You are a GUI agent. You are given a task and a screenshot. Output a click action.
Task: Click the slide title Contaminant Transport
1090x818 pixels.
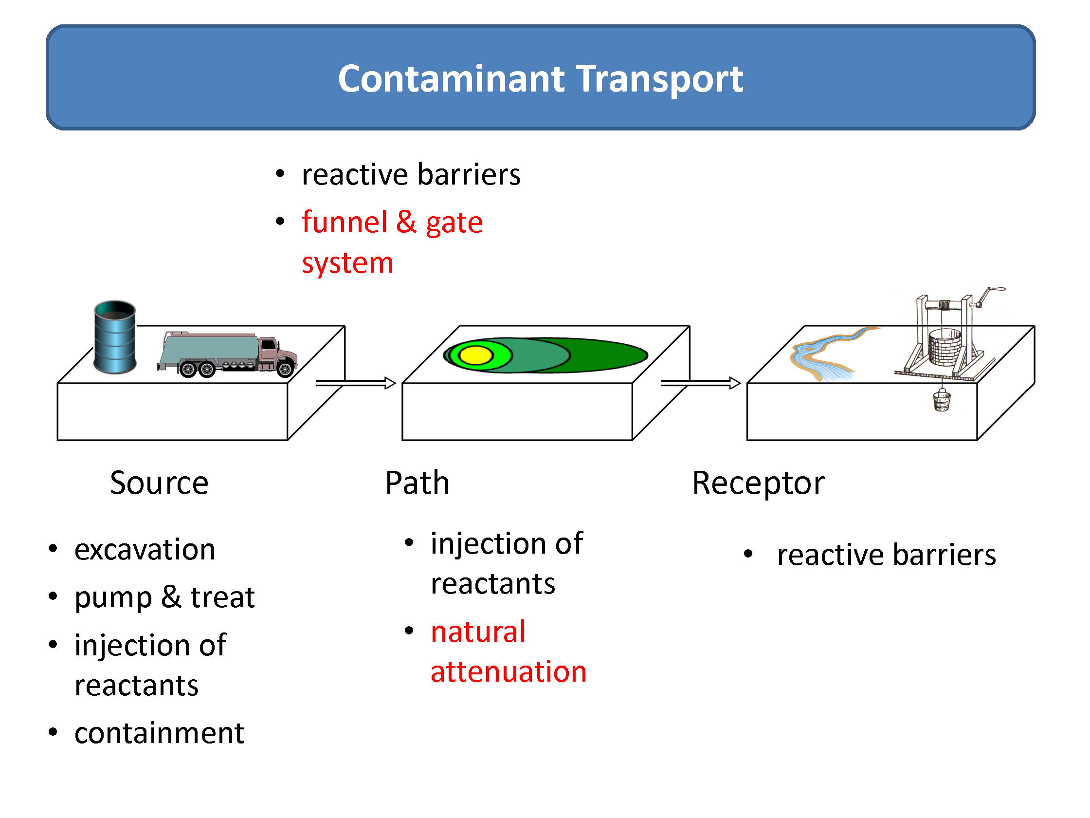point(540,79)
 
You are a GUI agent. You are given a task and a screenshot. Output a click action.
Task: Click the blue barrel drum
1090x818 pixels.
point(115,337)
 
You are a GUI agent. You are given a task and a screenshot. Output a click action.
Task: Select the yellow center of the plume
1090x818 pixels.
point(475,355)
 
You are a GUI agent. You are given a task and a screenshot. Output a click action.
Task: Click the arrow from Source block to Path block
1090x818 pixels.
point(356,383)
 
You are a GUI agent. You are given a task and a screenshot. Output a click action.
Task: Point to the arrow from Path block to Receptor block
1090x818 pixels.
point(700,383)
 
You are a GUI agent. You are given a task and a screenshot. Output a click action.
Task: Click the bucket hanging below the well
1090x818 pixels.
point(942,400)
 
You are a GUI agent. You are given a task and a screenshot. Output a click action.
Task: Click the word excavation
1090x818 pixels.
point(145,550)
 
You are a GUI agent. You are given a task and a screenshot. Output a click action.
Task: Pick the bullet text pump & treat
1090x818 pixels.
point(164,598)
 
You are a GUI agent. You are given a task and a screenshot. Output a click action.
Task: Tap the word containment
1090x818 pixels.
point(159,733)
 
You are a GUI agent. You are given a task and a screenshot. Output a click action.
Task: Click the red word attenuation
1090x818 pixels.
point(509,672)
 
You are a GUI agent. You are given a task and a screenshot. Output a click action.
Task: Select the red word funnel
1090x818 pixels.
point(345,222)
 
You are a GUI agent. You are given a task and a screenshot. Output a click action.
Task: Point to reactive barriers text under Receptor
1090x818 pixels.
point(886,555)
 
